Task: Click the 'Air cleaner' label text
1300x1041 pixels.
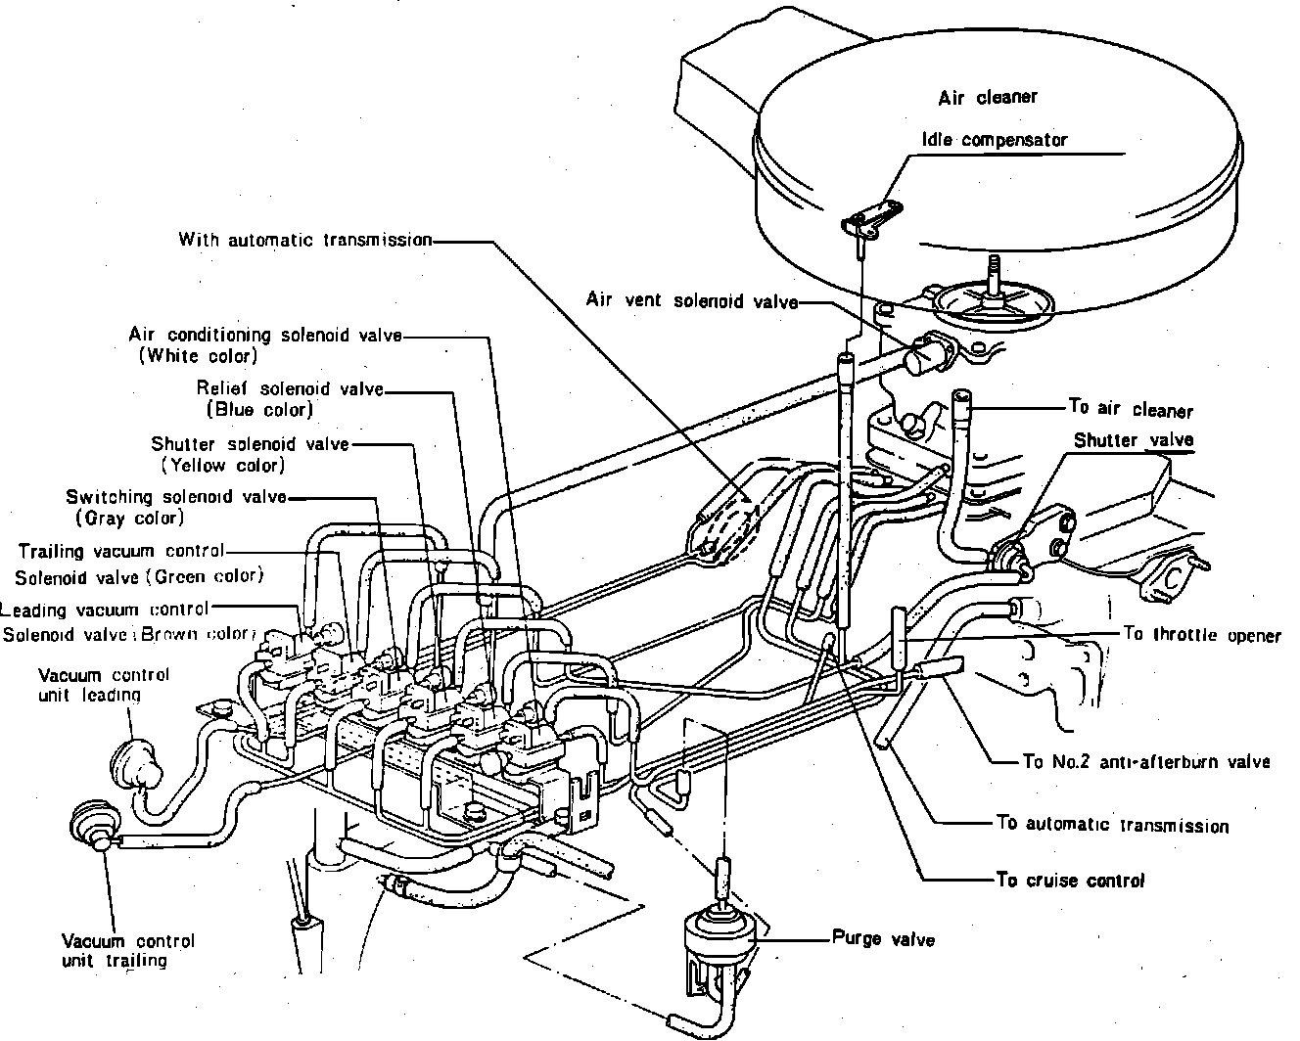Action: coord(987,98)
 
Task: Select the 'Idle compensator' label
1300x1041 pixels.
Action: coord(994,140)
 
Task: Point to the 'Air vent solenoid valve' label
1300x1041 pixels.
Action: coord(691,300)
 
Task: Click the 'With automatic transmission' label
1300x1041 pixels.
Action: coord(305,239)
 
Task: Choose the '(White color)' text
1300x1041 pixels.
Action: coord(199,356)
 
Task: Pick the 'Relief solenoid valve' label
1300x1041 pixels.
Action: coord(290,388)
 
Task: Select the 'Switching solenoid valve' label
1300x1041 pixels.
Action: coord(176,497)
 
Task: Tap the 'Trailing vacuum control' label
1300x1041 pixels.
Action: coord(121,551)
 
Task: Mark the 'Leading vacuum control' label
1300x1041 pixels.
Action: coord(104,611)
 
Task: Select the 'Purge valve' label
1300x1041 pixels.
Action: coord(883,939)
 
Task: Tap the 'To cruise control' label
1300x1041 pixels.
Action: coord(1070,881)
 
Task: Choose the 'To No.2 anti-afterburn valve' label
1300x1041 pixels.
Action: coord(1145,762)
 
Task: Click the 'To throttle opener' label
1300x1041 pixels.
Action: coord(1202,635)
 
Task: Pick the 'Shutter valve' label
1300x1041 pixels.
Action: coord(1134,440)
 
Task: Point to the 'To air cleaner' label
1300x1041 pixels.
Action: coord(1131,410)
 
